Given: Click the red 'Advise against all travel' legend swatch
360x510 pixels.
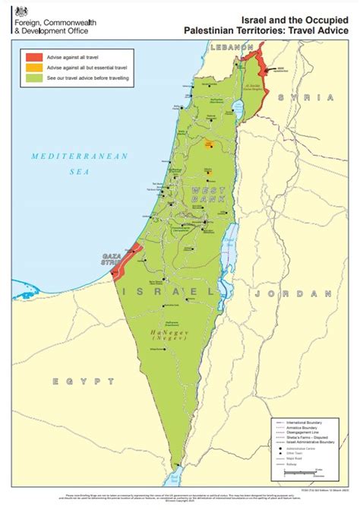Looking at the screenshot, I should (x=34, y=56).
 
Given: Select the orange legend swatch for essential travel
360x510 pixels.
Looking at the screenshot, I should (x=34, y=67).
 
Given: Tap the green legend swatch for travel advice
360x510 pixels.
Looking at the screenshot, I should (x=34, y=78).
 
